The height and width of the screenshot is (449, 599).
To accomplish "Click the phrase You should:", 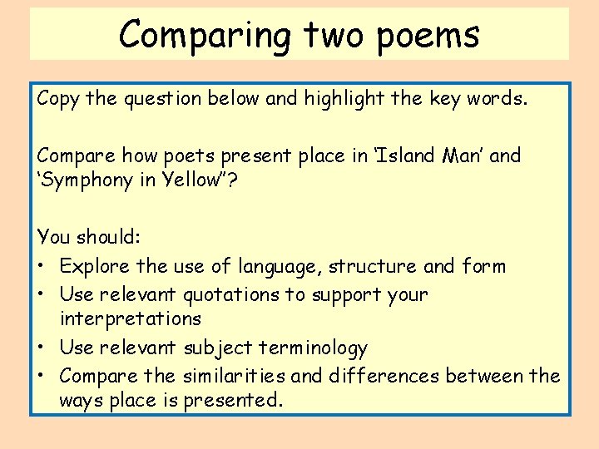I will tap(89, 236).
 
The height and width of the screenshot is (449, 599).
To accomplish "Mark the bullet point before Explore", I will tap(42, 266).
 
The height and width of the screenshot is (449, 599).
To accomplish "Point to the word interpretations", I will tap(131, 318).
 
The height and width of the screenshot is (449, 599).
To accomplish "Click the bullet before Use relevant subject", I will tap(42, 348).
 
